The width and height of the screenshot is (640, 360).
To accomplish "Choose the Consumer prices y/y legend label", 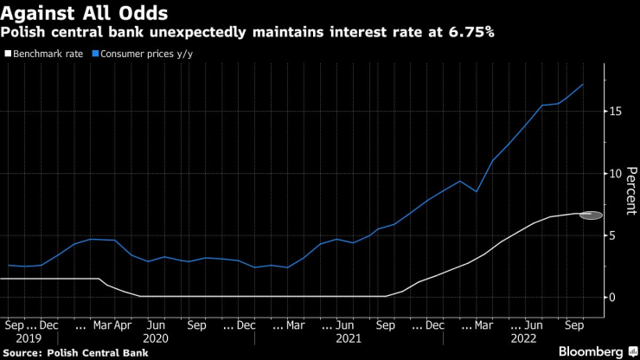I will pos(142,54).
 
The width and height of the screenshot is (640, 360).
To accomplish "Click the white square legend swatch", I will pos(8,54).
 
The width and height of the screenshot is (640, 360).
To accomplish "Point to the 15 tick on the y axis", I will pos(612,112).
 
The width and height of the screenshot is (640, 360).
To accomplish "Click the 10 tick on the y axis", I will pos(612,173).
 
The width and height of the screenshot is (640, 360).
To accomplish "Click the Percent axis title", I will pos(630,190).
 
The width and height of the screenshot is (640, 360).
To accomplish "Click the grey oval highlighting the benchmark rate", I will pos(591,214).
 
